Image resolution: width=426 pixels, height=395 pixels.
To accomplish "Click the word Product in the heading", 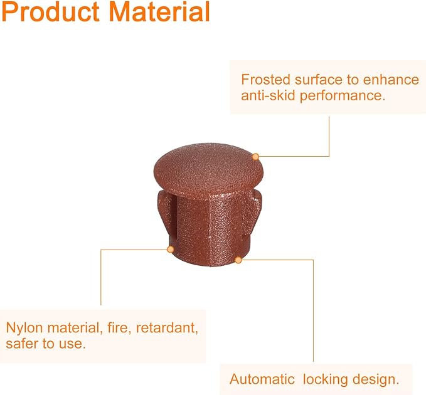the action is click(51, 11).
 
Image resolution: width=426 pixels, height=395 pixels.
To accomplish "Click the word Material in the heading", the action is click(159, 11).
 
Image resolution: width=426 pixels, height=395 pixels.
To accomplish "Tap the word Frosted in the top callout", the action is click(266, 80).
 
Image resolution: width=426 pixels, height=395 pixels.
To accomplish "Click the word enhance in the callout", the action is click(391, 80).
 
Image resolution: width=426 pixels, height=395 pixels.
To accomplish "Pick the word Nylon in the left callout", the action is click(24, 328).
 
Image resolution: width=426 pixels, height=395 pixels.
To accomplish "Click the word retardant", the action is click(167, 328).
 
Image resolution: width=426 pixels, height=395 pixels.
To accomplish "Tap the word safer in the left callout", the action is click(23, 344).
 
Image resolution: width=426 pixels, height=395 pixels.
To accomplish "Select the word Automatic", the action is click(262, 379).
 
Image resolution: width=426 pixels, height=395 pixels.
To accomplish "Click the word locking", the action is click(325, 379).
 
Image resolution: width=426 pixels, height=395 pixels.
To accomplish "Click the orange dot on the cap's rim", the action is click(255, 157).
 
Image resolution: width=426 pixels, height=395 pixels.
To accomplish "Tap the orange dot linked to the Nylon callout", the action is click(171, 249).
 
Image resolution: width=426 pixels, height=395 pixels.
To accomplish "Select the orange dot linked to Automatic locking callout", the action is click(238, 260).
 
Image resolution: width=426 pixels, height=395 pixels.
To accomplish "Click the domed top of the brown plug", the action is click(208, 168).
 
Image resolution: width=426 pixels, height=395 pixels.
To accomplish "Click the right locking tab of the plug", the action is click(253, 209).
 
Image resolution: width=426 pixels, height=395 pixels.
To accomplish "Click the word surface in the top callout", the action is click(319, 80).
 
